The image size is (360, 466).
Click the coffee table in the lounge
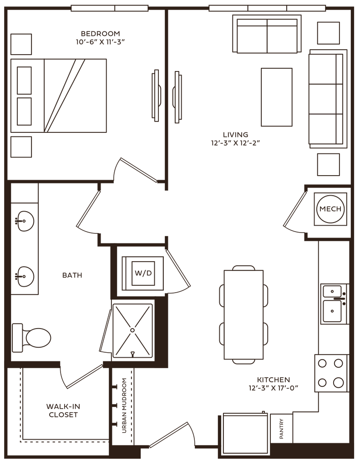(276, 97)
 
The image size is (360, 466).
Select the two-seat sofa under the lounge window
(267, 36)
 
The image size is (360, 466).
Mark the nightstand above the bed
(21, 44)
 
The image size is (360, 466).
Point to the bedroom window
(110, 8)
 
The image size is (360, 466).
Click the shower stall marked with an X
(132, 330)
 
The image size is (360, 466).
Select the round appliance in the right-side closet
(330, 208)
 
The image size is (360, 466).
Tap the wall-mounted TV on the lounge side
(177, 96)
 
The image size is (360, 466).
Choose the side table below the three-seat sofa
(329, 164)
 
